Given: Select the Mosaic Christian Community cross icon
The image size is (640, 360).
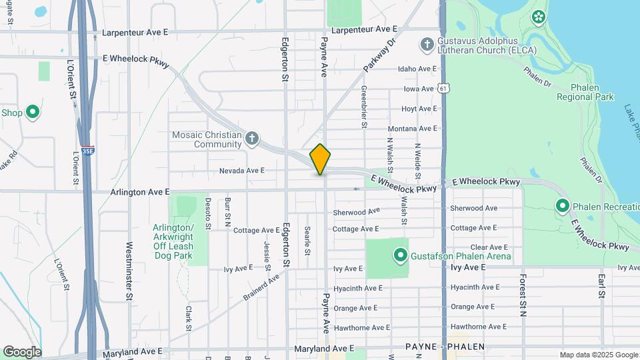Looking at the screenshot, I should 251,139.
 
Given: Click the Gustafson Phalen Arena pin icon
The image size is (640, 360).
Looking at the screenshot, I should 401,255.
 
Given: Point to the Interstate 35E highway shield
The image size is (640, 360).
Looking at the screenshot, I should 87,151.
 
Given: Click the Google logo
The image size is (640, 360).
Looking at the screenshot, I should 21,351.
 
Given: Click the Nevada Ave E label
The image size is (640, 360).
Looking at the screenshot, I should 243,171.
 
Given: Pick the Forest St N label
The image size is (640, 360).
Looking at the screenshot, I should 523,294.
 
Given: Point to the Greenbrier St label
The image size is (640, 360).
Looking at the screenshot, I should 364,107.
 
